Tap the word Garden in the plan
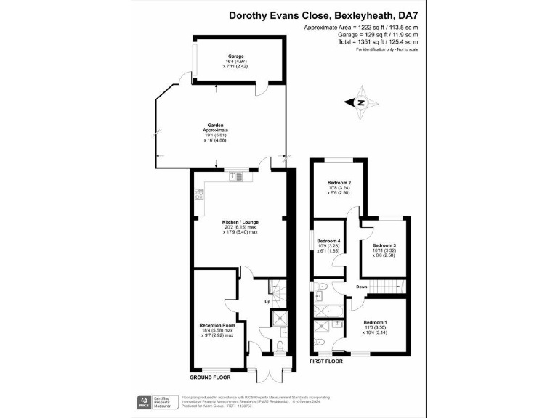click(x=215, y=125)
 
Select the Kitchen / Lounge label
click(x=240, y=222)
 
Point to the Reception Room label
click(x=218, y=325)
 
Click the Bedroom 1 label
click(x=375, y=321)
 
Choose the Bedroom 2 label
click(x=339, y=183)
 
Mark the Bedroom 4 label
click(x=329, y=241)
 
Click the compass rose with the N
click(x=360, y=103)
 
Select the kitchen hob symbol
click(x=198, y=194)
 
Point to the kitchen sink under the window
click(x=238, y=176)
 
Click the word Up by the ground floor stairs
click(x=268, y=301)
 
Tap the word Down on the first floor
click(x=361, y=287)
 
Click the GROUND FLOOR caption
click(x=211, y=378)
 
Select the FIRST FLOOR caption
click(x=325, y=360)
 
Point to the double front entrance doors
click(x=270, y=371)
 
